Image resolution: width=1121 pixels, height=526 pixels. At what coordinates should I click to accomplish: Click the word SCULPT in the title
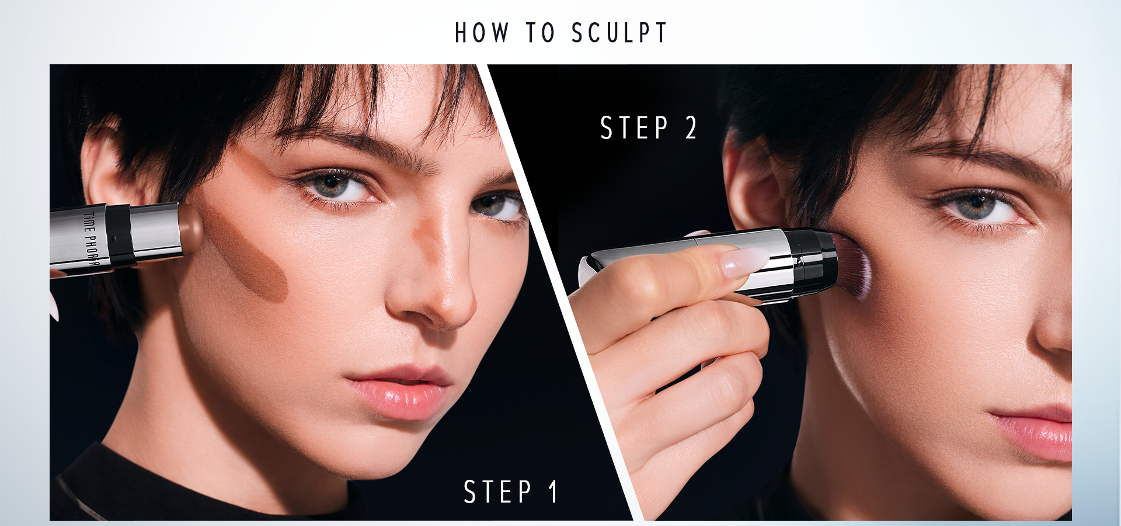tap(619, 33)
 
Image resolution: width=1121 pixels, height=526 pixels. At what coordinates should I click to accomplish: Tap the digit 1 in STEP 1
tap(553, 492)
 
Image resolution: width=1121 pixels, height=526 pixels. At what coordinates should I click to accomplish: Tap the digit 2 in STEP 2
tap(691, 127)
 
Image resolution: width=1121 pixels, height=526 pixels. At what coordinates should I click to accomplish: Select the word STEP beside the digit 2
tap(634, 127)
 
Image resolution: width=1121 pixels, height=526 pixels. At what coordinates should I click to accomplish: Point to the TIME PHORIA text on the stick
tap(90, 238)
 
